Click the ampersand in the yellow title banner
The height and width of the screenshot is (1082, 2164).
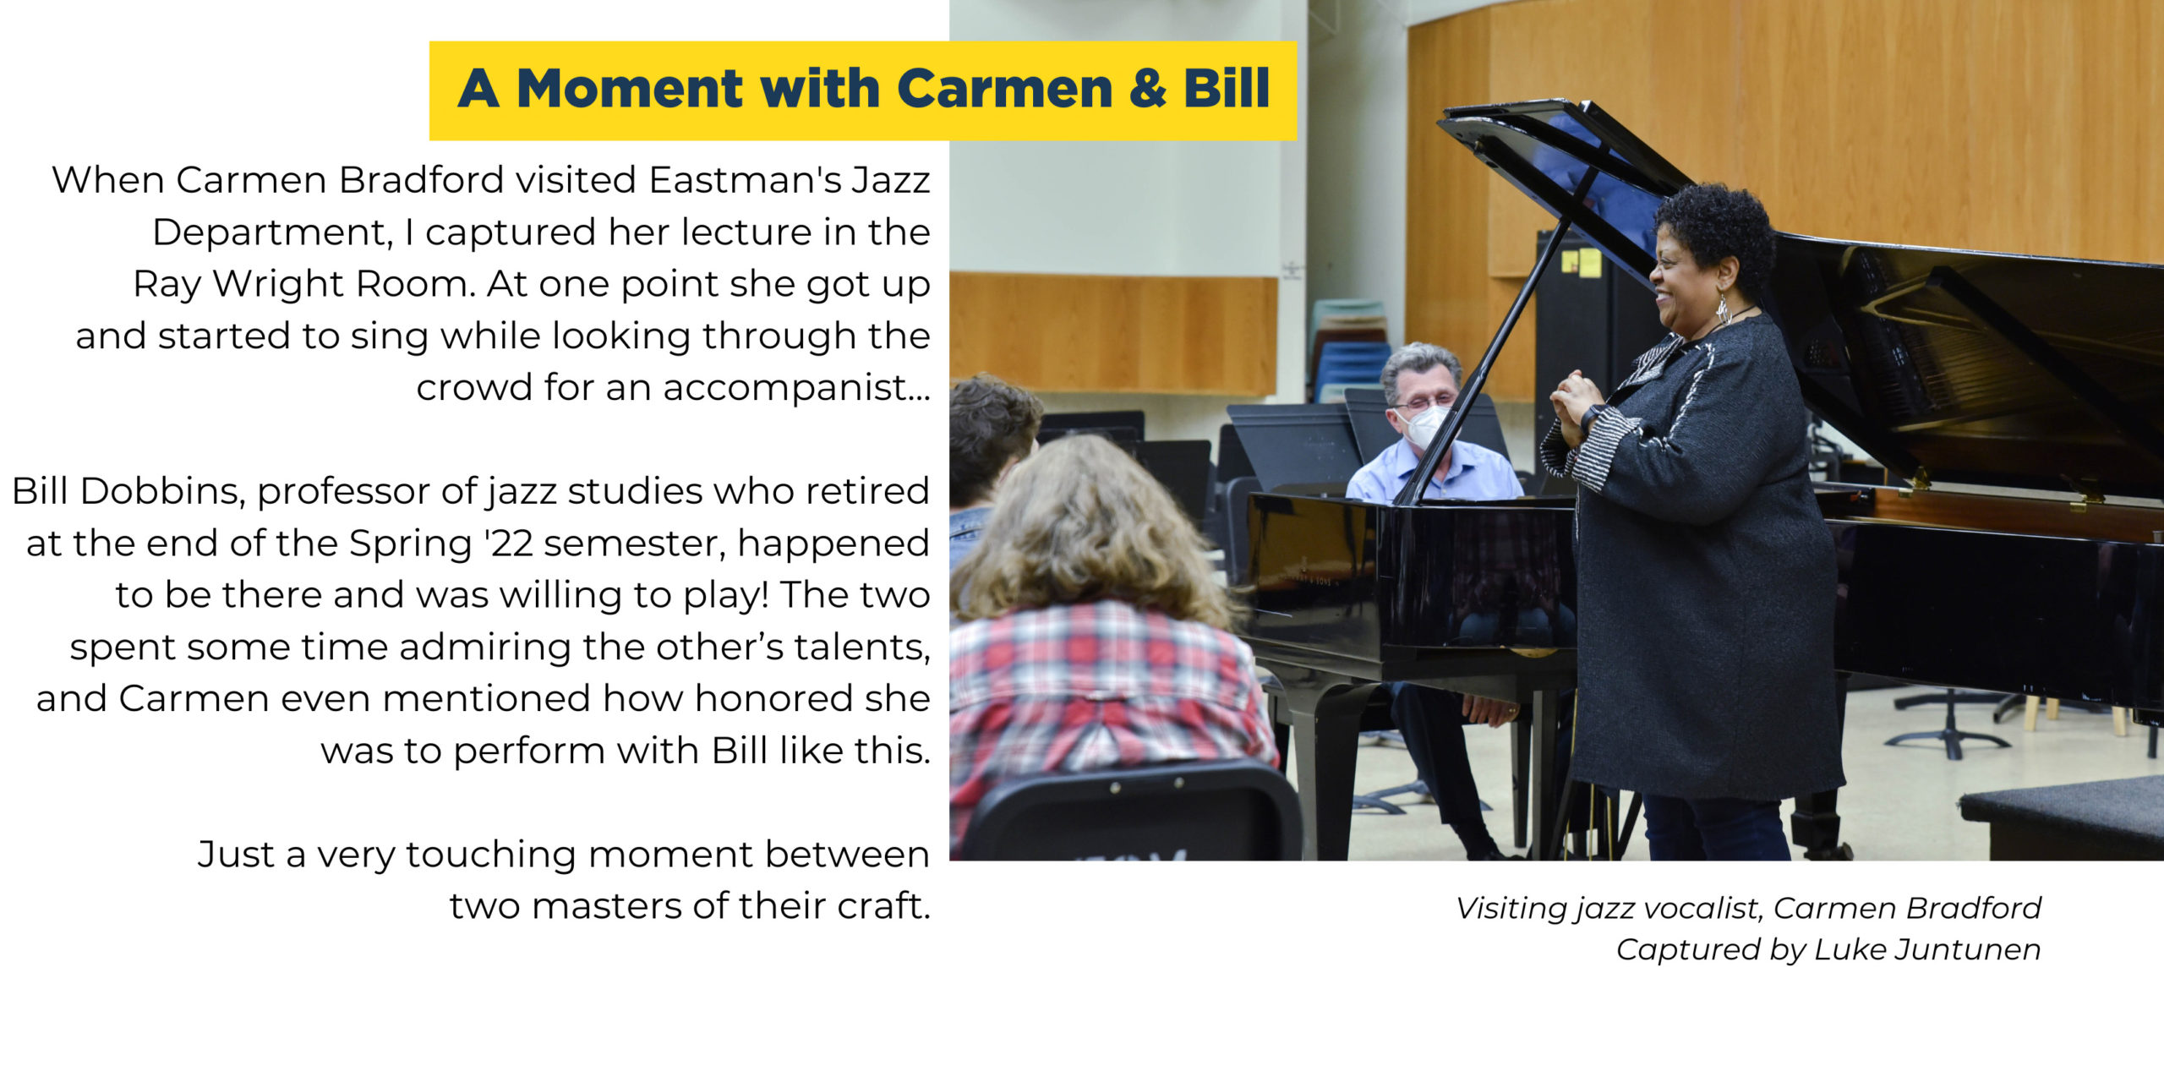point(1148,89)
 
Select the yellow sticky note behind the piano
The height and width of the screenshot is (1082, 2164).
point(1589,262)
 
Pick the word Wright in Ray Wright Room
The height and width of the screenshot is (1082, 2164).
point(280,285)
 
